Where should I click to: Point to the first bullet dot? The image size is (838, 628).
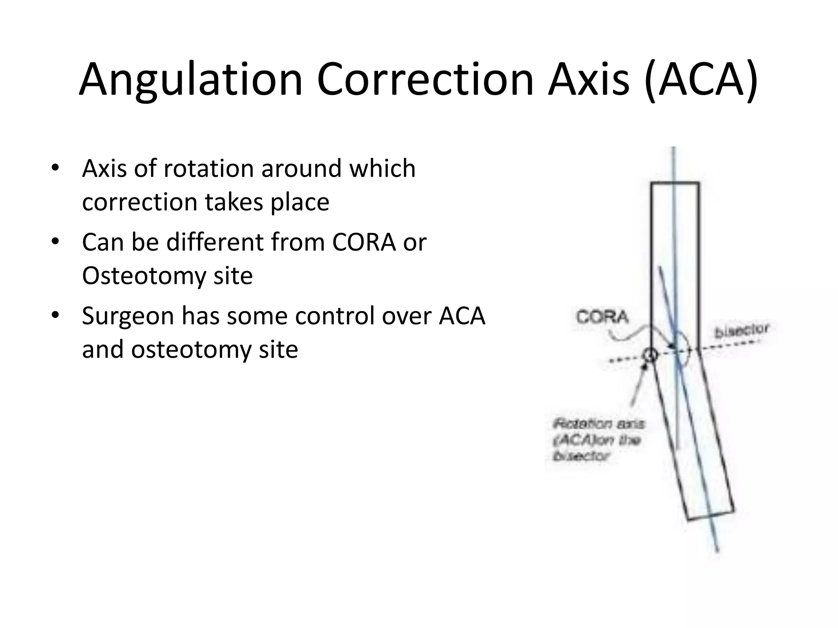click(55, 168)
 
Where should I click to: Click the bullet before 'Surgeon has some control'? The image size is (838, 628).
click(55, 316)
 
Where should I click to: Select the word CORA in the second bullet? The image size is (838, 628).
click(364, 242)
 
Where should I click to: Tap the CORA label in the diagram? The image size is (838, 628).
click(602, 317)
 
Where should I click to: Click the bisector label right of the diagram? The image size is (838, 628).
click(741, 330)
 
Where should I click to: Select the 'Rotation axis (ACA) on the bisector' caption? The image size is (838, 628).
click(597, 440)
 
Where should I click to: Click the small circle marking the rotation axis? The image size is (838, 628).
click(650, 354)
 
